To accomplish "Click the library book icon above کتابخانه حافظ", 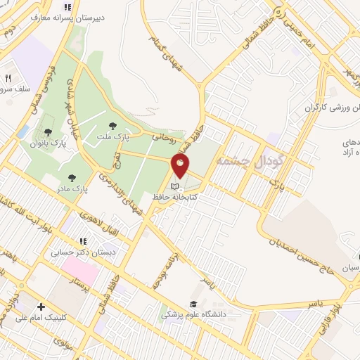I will [x=175, y=187].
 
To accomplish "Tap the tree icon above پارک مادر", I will [x=70, y=159].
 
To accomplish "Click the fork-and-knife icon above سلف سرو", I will [x=9, y=78].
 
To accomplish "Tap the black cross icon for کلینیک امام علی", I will [x=41, y=307].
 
